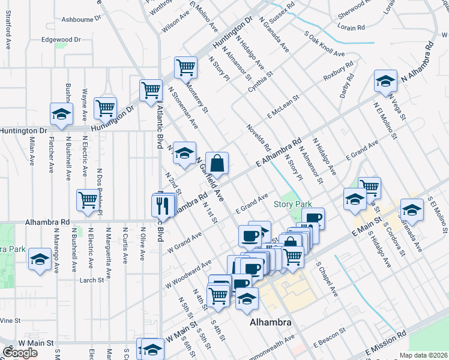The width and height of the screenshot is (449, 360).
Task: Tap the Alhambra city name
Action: click(x=270, y=323)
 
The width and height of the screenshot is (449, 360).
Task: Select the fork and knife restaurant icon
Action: click(x=162, y=206)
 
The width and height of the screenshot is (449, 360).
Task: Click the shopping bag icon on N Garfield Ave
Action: click(x=217, y=163)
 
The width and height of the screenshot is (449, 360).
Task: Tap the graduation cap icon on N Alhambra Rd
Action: click(x=385, y=81)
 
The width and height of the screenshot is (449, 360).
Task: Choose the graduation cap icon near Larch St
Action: click(x=40, y=259)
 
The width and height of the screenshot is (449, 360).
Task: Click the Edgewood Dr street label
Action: click(x=61, y=40)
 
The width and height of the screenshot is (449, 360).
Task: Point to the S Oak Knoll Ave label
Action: click(x=325, y=44)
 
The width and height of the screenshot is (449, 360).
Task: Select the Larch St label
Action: click(x=91, y=280)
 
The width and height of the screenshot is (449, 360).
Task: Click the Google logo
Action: click(x=20, y=353)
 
